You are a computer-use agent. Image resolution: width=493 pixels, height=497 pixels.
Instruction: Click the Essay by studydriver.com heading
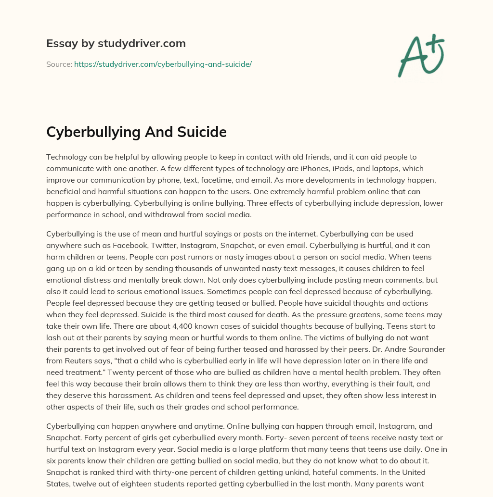pyautogui.click(x=116, y=44)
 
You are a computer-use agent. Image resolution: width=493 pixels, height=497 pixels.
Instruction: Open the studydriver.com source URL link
pyautogui.click(x=163, y=64)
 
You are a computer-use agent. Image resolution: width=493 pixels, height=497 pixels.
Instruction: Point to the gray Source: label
pyautogui.click(x=59, y=64)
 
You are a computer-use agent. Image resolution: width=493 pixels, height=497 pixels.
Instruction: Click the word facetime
pyautogui.click(x=261, y=180)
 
